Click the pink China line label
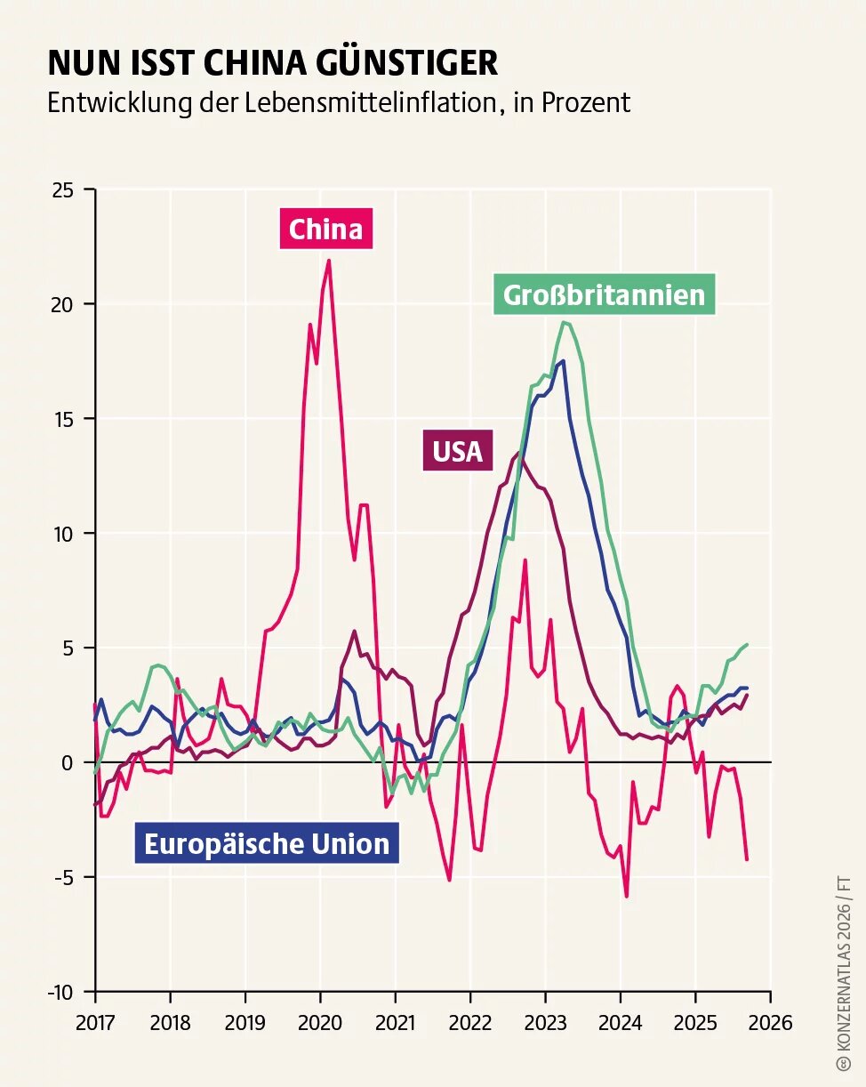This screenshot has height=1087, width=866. point(325,229)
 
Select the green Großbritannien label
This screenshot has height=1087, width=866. point(604,294)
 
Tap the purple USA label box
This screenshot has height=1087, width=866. point(457,451)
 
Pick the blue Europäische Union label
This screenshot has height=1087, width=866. point(267,843)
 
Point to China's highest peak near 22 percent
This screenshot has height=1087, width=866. point(329,261)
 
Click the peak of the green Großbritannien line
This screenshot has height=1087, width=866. point(564,322)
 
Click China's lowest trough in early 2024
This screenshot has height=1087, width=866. point(626,896)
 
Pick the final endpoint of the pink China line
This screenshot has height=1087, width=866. point(747,859)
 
